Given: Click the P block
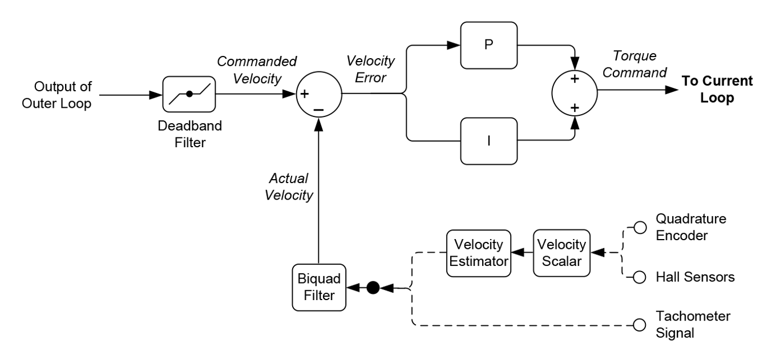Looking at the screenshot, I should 488,45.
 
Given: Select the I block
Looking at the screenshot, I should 488,139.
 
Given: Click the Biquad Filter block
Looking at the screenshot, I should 319,288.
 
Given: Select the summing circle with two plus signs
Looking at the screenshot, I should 574,93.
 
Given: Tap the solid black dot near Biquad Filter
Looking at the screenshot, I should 373,288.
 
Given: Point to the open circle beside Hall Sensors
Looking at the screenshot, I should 640,278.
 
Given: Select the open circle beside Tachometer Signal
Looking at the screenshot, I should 640,325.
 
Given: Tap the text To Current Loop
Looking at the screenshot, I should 717,89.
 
